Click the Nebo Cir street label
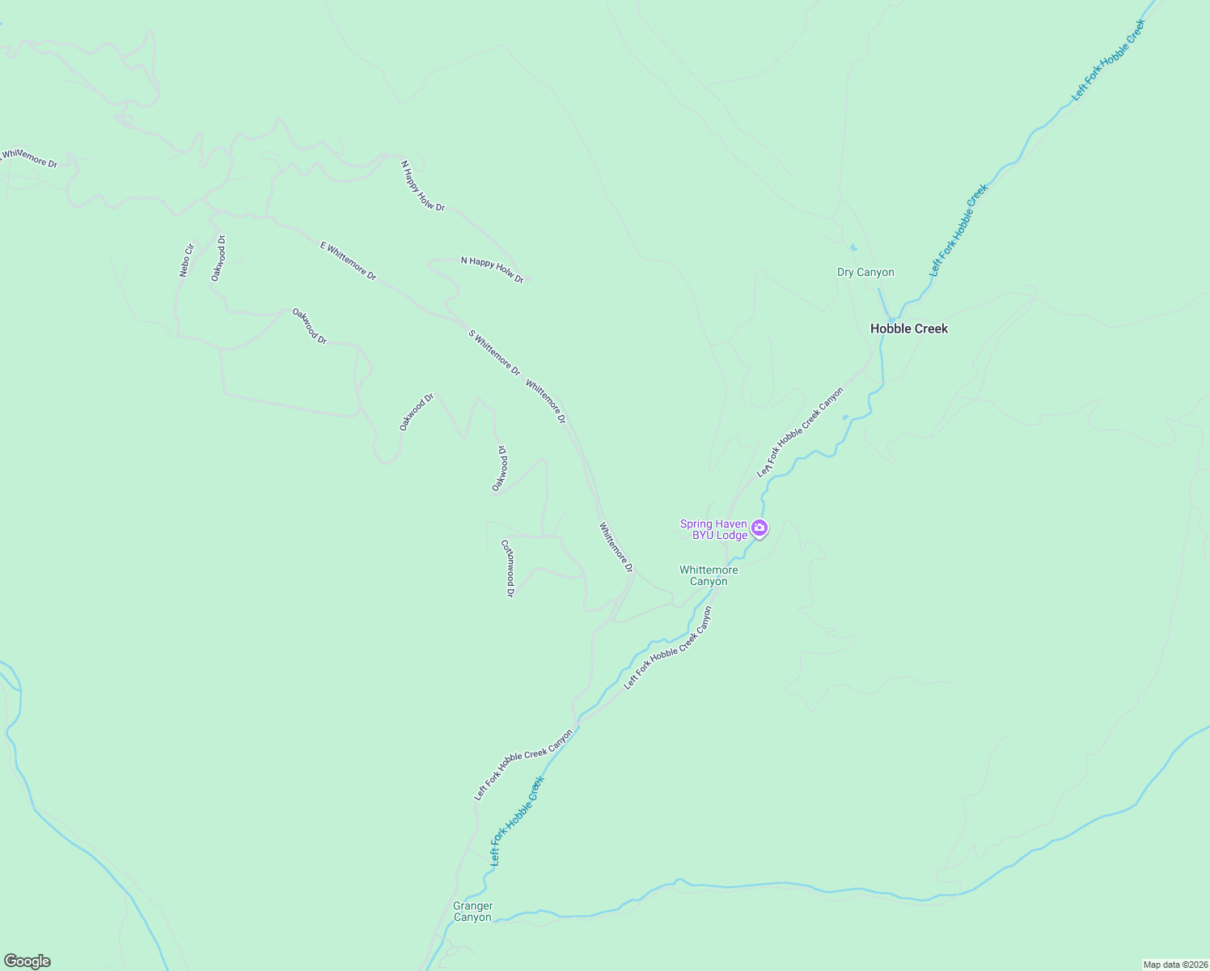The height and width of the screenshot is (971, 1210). click(187, 260)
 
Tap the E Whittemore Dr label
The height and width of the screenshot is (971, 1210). click(349, 261)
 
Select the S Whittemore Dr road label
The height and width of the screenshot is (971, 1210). click(494, 352)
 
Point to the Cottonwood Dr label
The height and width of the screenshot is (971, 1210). click(508, 568)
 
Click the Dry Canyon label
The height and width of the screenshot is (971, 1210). click(865, 273)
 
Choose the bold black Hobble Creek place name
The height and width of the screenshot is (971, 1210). click(908, 329)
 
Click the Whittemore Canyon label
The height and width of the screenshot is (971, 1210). click(709, 575)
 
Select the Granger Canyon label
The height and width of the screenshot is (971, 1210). click(472, 912)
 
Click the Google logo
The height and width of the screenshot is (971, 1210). click(27, 961)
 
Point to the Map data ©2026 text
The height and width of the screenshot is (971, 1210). click(1174, 965)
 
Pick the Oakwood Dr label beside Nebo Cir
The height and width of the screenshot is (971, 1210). click(218, 258)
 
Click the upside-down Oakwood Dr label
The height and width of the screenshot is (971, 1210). click(500, 468)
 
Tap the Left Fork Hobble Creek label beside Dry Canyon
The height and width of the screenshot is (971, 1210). click(958, 231)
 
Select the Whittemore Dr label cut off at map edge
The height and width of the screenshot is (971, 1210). click(29, 157)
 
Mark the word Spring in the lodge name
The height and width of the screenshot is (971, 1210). click(696, 524)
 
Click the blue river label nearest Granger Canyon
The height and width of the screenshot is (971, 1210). click(518, 820)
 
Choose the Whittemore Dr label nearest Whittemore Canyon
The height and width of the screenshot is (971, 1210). click(616, 547)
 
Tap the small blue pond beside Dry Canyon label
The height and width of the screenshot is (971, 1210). click(853, 248)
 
